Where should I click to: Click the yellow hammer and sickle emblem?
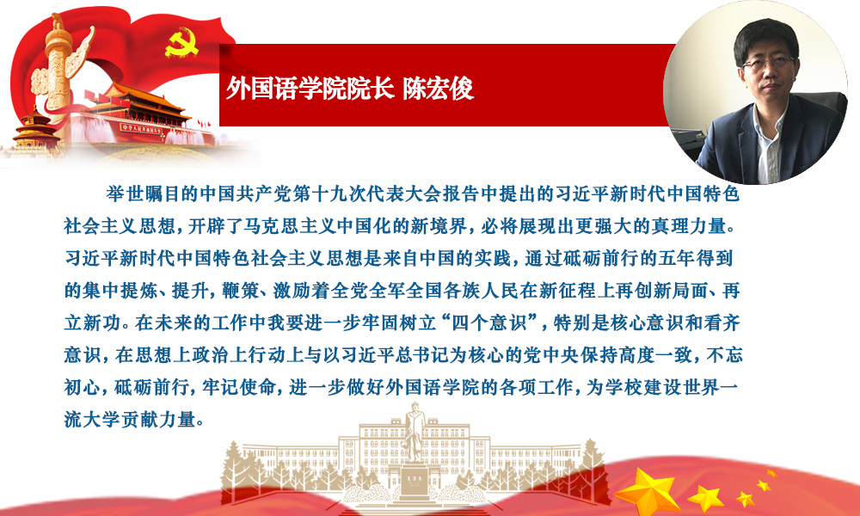pos(181,43)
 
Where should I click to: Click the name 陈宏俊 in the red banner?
pos(439,89)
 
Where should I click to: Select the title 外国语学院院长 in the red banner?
pos(310,89)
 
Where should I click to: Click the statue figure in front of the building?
pos(415,433)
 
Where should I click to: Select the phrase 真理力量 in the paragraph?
pos(688,226)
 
